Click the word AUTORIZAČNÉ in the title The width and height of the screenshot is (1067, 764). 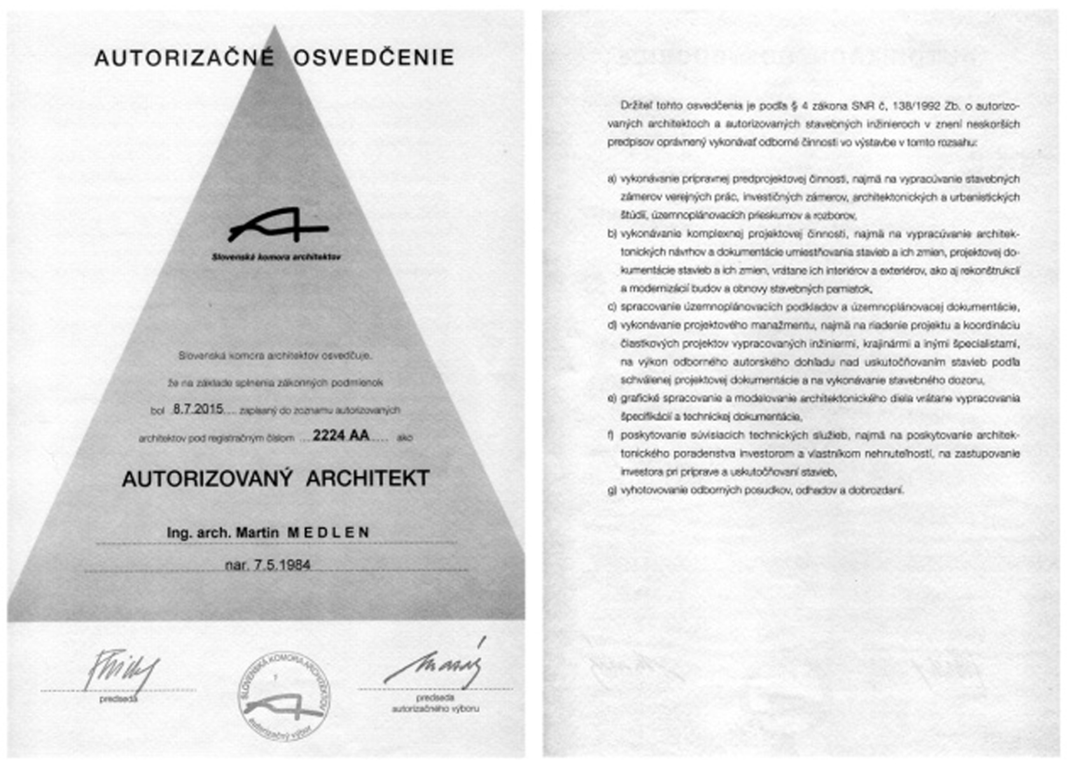(184, 58)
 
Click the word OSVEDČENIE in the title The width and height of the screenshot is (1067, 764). (373, 58)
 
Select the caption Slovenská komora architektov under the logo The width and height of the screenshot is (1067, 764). (276, 257)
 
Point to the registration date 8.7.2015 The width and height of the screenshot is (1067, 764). (198, 409)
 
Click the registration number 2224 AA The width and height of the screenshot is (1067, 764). (340, 436)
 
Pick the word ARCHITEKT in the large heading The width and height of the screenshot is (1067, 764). (368, 479)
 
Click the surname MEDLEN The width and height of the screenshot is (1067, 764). (328, 533)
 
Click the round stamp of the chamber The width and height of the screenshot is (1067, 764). (284, 696)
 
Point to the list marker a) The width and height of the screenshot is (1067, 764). (611, 180)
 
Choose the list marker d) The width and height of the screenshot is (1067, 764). (611, 326)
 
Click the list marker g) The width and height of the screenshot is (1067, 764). (611, 491)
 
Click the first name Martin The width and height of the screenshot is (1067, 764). (257, 533)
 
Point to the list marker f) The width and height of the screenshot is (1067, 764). (611, 436)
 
